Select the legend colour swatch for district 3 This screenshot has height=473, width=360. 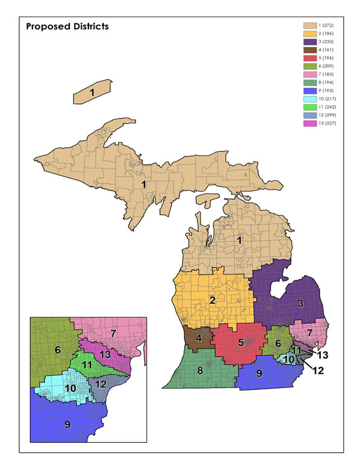[x=309, y=43]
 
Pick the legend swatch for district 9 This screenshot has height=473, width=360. [x=309, y=90]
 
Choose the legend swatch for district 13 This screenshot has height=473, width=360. [x=309, y=122]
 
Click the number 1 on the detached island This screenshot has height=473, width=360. [x=92, y=93]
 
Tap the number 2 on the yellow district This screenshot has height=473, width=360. [x=212, y=300]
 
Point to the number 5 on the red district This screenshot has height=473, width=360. [x=240, y=342]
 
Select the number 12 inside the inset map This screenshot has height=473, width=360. [x=101, y=384]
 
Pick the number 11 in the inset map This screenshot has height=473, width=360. [x=87, y=365]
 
